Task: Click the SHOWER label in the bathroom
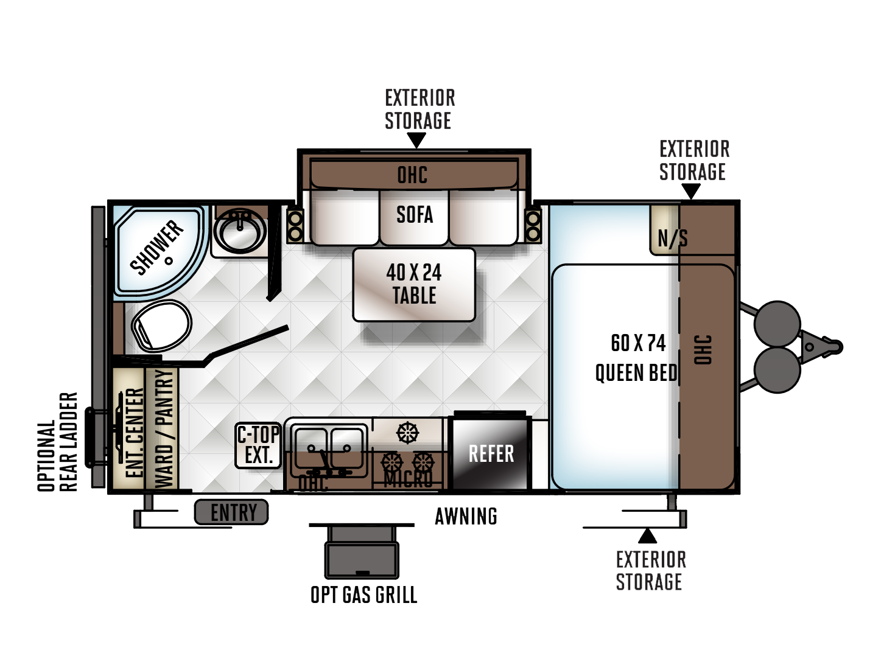[x=156, y=247]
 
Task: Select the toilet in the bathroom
[x=161, y=326]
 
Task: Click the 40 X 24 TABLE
[x=414, y=285]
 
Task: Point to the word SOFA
[x=415, y=214]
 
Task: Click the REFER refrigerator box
[x=490, y=453]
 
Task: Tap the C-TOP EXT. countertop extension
[x=258, y=445]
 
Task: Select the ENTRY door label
[x=232, y=512]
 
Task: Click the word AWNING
[x=466, y=516]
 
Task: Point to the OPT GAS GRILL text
[x=363, y=595]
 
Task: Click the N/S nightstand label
[x=672, y=238]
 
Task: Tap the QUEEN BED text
[x=636, y=372]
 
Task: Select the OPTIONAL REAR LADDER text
[x=58, y=442]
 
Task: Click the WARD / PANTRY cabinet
[x=163, y=429]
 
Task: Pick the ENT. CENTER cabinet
[x=129, y=429]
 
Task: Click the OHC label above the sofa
[x=412, y=175]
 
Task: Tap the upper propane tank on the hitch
[x=777, y=324]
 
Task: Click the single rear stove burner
[x=407, y=433]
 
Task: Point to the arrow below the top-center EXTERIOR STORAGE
[x=416, y=140]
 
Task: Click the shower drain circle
[x=169, y=261]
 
